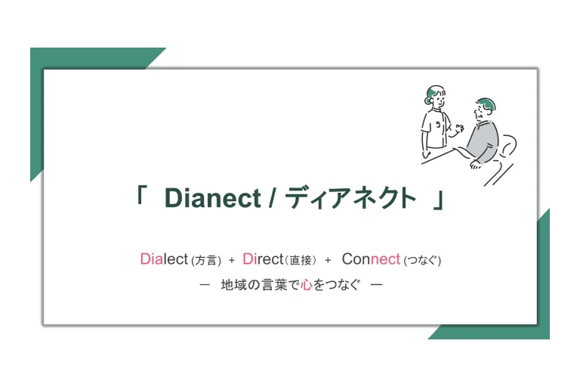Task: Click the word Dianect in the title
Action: (x=213, y=198)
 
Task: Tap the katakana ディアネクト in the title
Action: (x=350, y=198)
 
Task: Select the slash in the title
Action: (x=272, y=198)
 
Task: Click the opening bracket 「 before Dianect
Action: (x=140, y=194)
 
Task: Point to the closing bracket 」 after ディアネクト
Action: (x=438, y=200)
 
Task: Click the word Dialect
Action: (x=164, y=259)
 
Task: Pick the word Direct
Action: (x=263, y=259)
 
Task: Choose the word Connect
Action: (x=371, y=259)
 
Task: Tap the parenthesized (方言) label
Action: (x=206, y=260)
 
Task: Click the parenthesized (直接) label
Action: (x=301, y=260)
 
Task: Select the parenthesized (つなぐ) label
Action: (x=422, y=260)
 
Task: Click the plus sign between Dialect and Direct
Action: (x=232, y=260)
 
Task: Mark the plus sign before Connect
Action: (x=328, y=260)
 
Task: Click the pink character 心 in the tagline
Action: (x=307, y=285)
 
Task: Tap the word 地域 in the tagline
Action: (x=233, y=285)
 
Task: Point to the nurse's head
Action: (x=435, y=95)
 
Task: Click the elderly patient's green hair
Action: (x=487, y=104)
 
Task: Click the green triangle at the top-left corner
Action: (x=74, y=82)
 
